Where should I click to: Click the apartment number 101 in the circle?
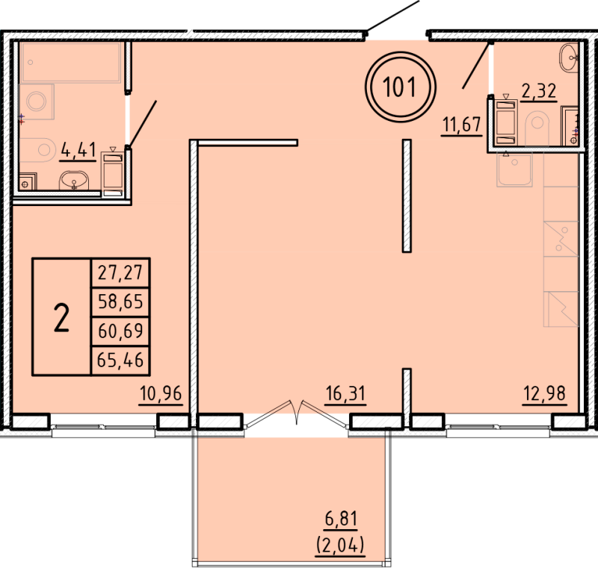[399, 87]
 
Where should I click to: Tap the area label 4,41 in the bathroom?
[78, 150]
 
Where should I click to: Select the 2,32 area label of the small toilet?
[539, 91]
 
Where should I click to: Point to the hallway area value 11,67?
[461, 124]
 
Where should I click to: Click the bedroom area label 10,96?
[161, 393]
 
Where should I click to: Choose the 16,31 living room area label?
[345, 393]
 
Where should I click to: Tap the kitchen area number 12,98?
[545, 393]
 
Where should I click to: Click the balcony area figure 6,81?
[341, 519]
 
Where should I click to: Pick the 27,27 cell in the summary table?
[120, 272]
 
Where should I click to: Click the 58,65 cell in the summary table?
[120, 302]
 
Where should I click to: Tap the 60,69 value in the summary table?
[120, 331]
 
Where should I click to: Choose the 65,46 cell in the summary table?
[120, 360]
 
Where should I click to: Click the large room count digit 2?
[61, 317]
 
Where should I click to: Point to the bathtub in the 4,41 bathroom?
[71, 63]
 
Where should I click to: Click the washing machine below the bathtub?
[37, 102]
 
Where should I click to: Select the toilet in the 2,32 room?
[537, 128]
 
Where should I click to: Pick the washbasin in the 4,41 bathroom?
[74, 181]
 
